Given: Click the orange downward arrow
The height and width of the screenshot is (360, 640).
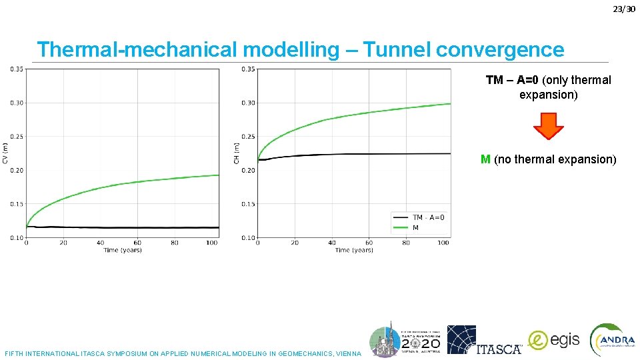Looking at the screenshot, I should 549,126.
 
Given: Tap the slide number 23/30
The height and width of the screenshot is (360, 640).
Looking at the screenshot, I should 624,9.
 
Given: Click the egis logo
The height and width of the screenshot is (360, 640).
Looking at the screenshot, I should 554,340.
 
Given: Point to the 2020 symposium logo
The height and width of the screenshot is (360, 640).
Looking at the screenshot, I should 405,340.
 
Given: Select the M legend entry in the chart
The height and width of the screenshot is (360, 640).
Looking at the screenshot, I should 415,228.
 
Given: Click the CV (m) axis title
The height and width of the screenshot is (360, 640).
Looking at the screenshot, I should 5,153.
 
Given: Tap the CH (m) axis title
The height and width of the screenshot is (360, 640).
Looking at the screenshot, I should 236,153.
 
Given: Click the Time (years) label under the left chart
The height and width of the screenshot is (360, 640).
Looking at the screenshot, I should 123,250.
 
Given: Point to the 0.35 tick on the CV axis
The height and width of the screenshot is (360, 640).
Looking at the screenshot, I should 17,69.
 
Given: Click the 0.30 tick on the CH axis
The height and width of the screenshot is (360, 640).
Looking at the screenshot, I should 248,103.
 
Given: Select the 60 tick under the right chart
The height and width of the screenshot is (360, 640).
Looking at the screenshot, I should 369,243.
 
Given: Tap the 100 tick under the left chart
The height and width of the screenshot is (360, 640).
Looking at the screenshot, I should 211,243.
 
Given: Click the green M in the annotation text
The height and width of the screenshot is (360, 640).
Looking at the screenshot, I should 486,159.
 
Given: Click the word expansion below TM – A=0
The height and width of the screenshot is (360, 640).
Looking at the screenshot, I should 548,95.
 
